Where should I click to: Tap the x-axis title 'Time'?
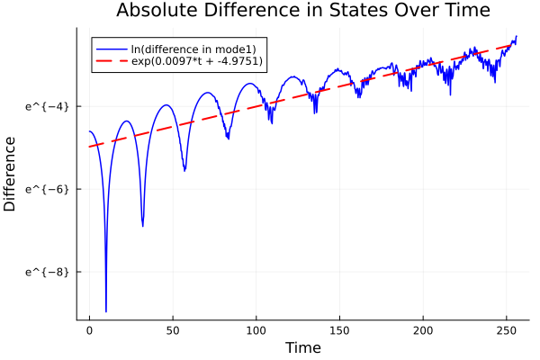pyautogui.click(x=302, y=347)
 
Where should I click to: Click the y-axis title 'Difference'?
pyautogui.click(x=11, y=173)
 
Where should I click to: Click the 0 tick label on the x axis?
pyautogui.click(x=89, y=330)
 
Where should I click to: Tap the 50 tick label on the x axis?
pyautogui.click(x=173, y=330)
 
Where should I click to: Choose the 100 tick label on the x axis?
pyautogui.click(x=256, y=330)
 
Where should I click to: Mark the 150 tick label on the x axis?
pyautogui.click(x=340, y=330)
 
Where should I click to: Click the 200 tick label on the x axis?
pyautogui.click(x=423, y=330)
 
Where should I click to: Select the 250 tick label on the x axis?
pyautogui.click(x=507, y=330)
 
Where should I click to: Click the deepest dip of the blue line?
pyautogui.click(x=106, y=311)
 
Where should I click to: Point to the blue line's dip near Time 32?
pyautogui.click(x=143, y=226)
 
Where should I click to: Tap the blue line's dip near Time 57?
pyautogui.click(x=184, y=169)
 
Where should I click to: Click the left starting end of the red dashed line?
pyautogui.click(x=89, y=147)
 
